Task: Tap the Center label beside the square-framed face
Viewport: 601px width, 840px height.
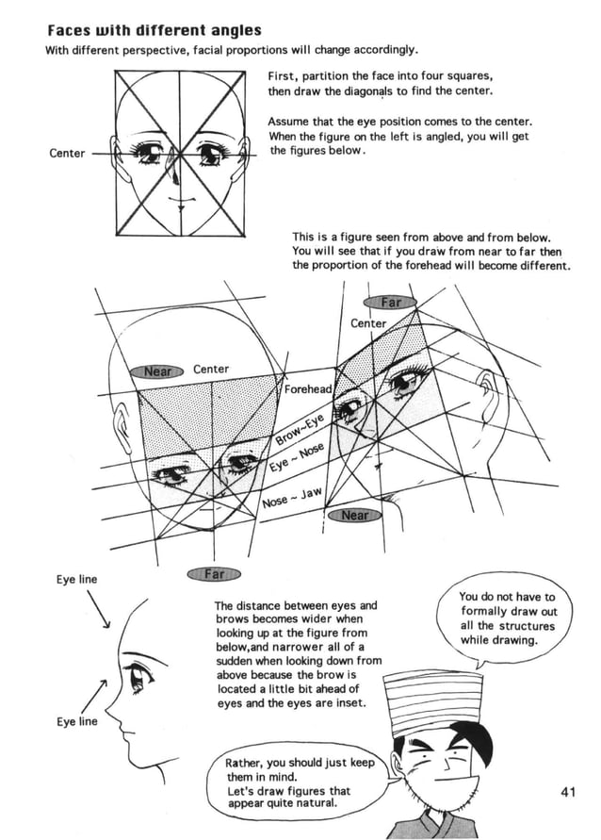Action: point(67,154)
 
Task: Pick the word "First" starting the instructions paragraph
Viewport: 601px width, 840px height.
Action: point(283,75)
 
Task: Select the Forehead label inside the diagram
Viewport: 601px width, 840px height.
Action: point(308,389)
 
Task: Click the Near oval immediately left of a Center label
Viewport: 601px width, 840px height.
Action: point(157,371)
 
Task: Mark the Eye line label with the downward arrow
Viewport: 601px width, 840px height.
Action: point(75,580)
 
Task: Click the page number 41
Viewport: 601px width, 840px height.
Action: point(566,792)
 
